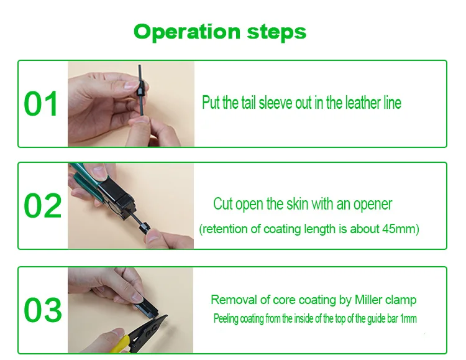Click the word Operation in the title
pos(186,32)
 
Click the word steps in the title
pos(276,32)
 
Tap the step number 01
pos(41,104)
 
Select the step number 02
pos(42,206)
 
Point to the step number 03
pos(43,310)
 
